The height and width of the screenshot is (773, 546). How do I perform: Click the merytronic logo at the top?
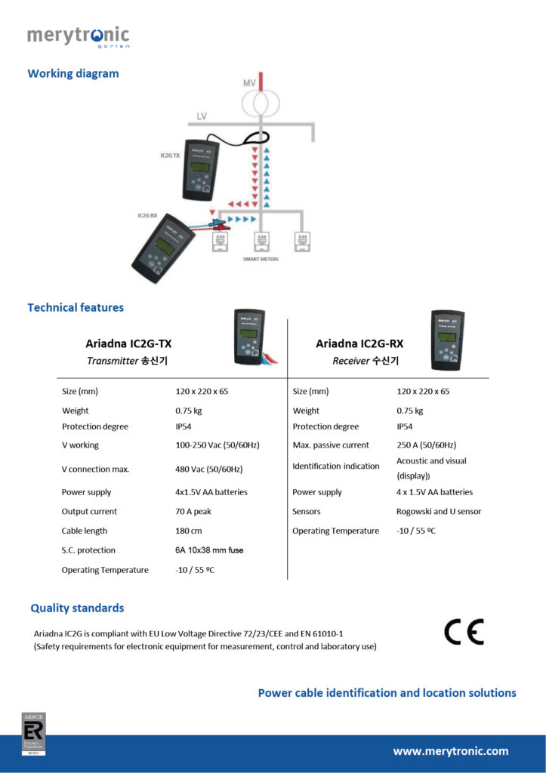(x=78, y=36)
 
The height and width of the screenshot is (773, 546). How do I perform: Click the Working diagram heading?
(x=73, y=74)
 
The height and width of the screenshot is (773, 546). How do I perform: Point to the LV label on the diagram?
(x=202, y=116)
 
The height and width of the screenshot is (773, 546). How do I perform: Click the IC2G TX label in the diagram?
(x=170, y=156)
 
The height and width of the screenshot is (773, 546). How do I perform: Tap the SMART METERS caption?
(x=260, y=259)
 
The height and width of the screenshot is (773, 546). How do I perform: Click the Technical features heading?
(x=76, y=307)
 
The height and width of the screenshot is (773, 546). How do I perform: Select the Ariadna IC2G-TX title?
(x=128, y=343)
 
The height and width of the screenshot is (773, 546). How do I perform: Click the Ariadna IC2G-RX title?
(x=359, y=343)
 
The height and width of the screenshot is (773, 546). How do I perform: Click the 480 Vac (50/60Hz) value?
(x=208, y=469)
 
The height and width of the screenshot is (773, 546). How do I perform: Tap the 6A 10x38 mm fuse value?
(x=209, y=550)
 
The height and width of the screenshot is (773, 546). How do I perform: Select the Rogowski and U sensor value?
(x=439, y=511)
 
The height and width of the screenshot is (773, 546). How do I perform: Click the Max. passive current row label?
(x=331, y=445)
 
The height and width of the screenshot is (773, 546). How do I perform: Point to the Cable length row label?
(x=85, y=531)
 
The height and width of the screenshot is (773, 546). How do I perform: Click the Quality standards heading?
(x=77, y=608)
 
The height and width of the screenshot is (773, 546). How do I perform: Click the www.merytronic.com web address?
(x=450, y=751)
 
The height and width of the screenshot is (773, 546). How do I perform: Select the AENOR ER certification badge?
(x=33, y=733)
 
